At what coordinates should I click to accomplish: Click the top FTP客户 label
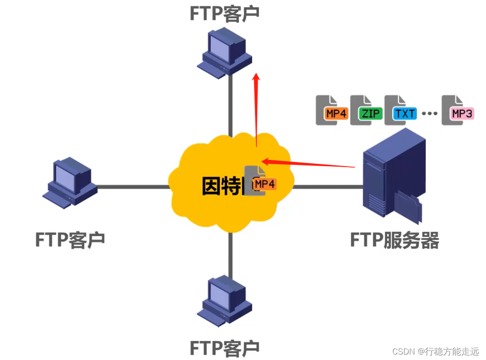click(224, 14)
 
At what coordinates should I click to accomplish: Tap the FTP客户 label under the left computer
click(70, 239)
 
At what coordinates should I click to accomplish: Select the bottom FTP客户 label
click(224, 348)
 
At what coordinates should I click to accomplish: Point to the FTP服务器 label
click(395, 240)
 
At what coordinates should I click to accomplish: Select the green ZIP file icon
click(366, 110)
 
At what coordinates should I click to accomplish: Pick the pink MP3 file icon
click(457, 110)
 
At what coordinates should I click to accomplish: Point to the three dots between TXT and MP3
click(429, 114)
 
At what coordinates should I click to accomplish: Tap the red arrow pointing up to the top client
click(256, 111)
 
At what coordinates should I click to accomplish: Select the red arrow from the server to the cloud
click(308, 163)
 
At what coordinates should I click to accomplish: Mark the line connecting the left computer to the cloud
click(131, 187)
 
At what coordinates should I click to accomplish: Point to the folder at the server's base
click(408, 206)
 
